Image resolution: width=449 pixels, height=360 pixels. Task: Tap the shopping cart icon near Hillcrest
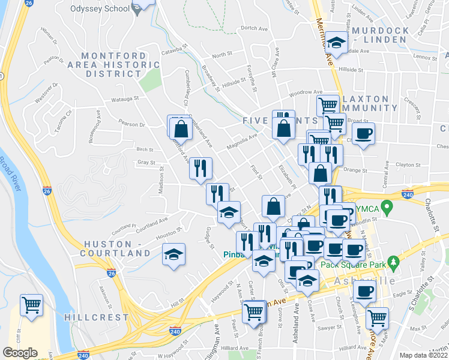coord(31,304)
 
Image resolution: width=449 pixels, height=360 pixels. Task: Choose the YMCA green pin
coord(387,208)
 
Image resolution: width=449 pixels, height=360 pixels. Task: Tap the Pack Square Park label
coord(351,263)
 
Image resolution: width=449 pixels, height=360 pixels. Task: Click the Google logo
coord(19,353)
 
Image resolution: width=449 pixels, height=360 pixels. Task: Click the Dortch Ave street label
coord(253,28)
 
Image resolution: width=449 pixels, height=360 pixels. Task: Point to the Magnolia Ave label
coord(241,142)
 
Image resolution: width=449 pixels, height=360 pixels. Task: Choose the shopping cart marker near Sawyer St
coord(377,318)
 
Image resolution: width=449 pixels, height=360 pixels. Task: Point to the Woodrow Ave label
coord(301,94)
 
